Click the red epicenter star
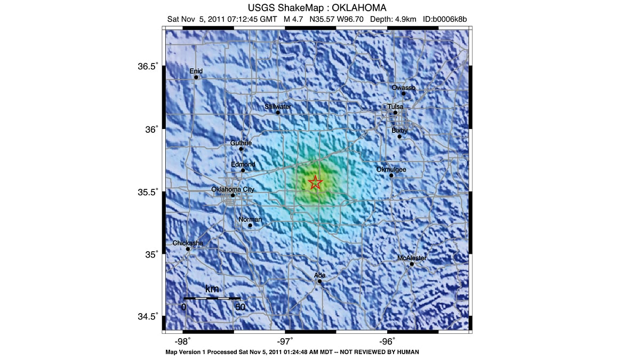point(315,182)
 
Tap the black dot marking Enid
point(196,77)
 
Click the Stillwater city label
point(278,107)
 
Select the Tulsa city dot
point(395,113)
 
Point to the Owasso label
point(403,87)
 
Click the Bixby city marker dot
point(399,137)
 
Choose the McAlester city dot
point(412,264)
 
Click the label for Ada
point(319,275)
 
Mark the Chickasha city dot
point(188,249)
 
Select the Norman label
point(250,219)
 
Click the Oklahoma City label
point(233,189)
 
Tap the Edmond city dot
point(243,171)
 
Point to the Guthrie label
point(241,143)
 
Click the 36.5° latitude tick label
point(148,67)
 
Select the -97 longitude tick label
point(285,341)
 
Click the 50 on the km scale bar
point(240,307)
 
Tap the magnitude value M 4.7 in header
point(294,19)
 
